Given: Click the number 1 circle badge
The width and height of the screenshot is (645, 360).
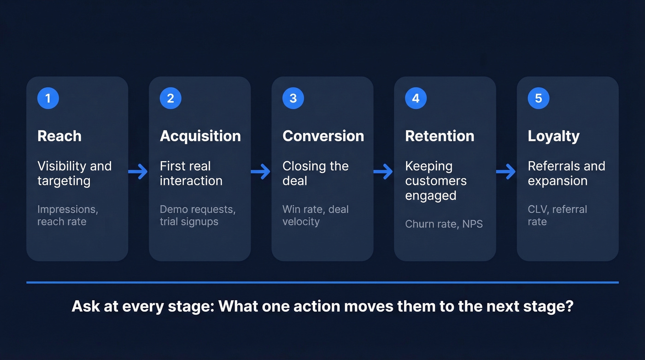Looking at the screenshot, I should [x=48, y=98].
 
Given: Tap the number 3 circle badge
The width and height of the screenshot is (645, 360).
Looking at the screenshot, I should [x=293, y=98].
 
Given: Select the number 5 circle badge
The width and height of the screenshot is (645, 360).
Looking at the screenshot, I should [x=538, y=98].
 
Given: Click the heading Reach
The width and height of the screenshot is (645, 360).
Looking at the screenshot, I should [x=59, y=136].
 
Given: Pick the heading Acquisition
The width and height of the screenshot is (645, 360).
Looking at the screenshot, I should [x=200, y=136].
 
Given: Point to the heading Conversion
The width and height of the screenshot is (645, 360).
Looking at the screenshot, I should [x=323, y=136].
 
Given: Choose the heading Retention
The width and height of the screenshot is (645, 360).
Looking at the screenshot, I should [x=440, y=136].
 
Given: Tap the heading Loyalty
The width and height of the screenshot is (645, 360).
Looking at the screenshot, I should [x=553, y=136].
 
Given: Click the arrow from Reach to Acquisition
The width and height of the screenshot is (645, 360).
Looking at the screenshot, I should [x=138, y=172].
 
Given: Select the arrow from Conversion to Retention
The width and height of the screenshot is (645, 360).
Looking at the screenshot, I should [x=383, y=172].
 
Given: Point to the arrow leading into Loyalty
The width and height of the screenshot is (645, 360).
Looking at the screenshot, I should [x=506, y=172].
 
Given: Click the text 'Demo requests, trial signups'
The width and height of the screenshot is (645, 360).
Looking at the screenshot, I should [x=197, y=215].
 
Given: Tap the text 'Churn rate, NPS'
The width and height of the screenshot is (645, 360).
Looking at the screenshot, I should [x=444, y=224].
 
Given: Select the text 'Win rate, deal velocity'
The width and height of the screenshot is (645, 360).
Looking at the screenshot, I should [x=315, y=215].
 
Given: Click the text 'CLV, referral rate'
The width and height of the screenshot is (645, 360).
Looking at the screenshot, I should [x=557, y=215].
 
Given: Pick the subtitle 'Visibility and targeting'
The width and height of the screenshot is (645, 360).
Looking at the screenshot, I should [x=74, y=173].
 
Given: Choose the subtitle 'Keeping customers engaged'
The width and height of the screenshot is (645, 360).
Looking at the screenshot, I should [x=435, y=181].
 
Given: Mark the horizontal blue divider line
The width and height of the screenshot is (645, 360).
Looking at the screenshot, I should [x=322, y=282].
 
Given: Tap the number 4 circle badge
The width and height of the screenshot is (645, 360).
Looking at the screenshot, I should [x=416, y=98].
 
